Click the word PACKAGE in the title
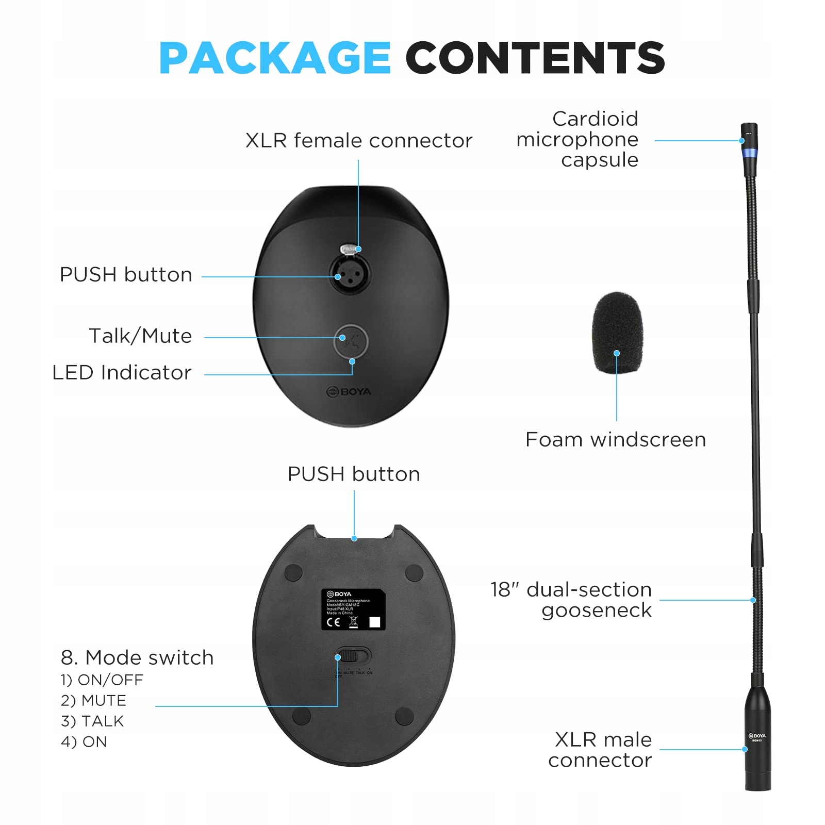coord(274,58)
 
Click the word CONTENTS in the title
coord(535,58)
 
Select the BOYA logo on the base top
coord(349,392)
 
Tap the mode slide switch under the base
coord(353,656)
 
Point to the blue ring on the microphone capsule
coord(750,153)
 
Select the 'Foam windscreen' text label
coord(616,440)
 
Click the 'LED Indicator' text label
coord(122,373)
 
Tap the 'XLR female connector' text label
coord(359,141)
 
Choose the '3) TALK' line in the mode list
coord(92,721)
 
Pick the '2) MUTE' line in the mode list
coord(93,700)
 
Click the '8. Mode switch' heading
coord(137,658)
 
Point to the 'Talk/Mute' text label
coord(140,336)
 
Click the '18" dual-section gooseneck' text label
coord(571,600)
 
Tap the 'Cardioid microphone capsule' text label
coord(577,140)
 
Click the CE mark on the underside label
coord(334,622)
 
